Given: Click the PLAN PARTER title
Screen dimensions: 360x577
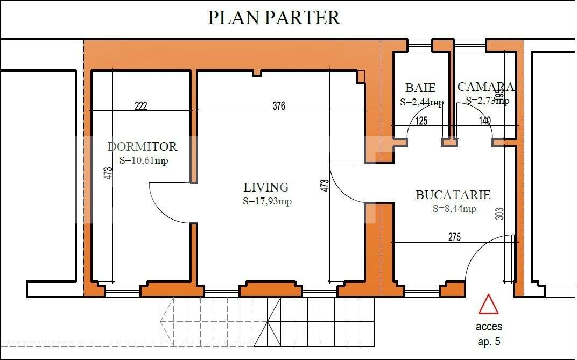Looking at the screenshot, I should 274,17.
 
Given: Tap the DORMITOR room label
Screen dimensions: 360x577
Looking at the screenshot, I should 142,146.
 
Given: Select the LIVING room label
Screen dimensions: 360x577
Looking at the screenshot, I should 266,187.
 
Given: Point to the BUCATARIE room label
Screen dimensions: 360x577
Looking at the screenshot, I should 453,195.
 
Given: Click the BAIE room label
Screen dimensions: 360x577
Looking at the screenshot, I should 420,88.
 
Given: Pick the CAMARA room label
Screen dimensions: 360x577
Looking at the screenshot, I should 485,87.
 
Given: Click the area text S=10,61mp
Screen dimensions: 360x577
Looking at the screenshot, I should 144,160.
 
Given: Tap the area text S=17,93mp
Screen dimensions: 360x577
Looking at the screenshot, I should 267,201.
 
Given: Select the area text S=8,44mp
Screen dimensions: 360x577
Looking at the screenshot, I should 454,209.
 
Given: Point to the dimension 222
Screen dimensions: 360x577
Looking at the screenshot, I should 140,106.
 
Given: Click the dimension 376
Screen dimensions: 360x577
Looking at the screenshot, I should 278,106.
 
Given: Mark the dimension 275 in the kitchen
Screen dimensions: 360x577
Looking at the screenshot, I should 454,237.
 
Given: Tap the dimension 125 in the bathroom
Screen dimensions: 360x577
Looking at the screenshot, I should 421,121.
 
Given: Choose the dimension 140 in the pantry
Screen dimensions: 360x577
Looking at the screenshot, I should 485,121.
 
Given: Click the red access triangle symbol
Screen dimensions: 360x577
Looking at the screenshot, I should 489,304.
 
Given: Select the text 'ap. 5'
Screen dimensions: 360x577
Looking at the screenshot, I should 489,341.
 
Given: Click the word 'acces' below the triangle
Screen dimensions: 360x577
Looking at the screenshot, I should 489,327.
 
